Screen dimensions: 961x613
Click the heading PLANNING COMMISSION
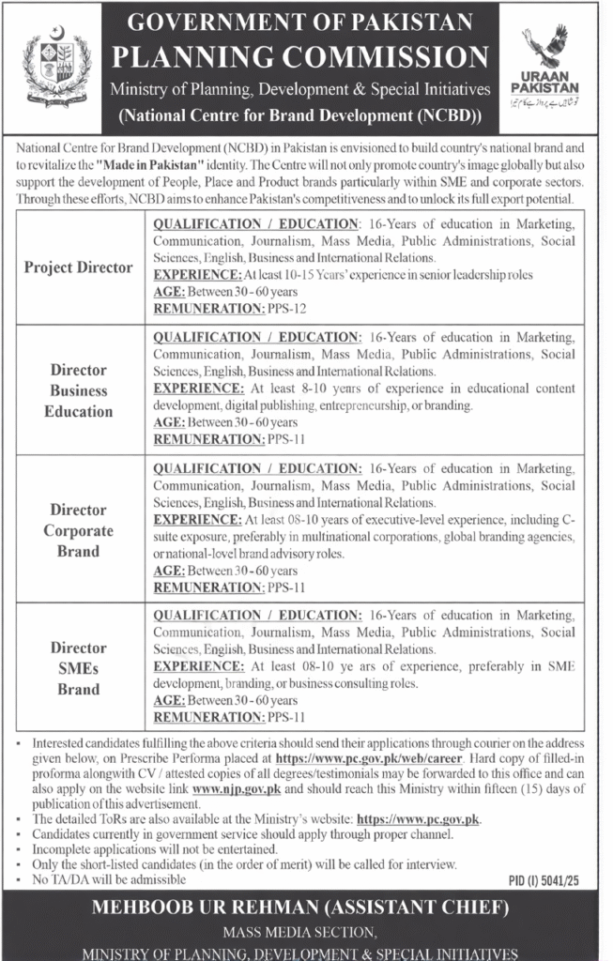pyautogui.click(x=300, y=57)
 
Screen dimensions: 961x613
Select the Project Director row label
pyautogui.click(x=79, y=267)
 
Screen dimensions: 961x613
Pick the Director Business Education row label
pyautogui.click(x=79, y=390)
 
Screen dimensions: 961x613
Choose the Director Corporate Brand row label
pyautogui.click(x=79, y=530)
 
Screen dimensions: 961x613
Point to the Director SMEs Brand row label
pyautogui.click(x=79, y=668)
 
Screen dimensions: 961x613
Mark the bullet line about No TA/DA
pyautogui.click(x=103, y=879)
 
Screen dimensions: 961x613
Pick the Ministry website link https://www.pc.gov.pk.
pyautogui.click(x=418, y=818)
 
